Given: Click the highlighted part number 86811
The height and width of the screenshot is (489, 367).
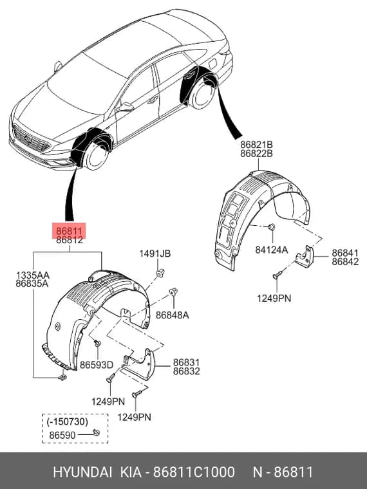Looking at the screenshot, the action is (69, 231).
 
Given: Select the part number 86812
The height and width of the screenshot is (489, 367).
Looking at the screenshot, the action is (70, 240).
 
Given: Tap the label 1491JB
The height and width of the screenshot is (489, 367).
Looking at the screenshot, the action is (155, 254).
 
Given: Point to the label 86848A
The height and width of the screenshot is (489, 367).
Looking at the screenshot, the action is (173, 315).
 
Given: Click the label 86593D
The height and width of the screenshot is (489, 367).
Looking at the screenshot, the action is (97, 365).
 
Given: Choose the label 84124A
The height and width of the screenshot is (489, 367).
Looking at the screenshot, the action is (272, 250).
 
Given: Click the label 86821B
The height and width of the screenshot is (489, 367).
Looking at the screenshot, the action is (256, 145).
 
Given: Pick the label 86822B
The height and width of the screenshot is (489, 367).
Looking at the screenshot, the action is (256, 153).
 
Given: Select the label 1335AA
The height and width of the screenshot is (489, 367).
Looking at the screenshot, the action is (33, 275).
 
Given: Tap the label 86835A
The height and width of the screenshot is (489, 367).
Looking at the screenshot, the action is (32, 284).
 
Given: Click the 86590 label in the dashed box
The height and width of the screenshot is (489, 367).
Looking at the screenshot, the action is (62, 435).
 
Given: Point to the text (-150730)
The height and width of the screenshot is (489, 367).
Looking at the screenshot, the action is (68, 421).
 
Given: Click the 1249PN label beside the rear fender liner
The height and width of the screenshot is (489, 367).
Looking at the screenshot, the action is (274, 298).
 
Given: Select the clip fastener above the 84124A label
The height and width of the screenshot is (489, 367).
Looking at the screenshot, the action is (272, 226).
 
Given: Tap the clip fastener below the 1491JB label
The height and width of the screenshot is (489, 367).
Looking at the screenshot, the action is (160, 273).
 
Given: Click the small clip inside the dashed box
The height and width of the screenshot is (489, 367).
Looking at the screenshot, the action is (97, 432).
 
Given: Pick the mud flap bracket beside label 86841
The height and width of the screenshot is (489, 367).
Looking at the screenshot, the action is (305, 256).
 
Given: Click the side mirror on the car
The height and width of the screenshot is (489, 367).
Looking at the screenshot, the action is (126, 107).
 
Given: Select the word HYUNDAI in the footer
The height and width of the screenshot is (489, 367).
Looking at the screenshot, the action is (82, 472).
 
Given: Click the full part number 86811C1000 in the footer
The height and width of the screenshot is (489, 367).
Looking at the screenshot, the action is (194, 472).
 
